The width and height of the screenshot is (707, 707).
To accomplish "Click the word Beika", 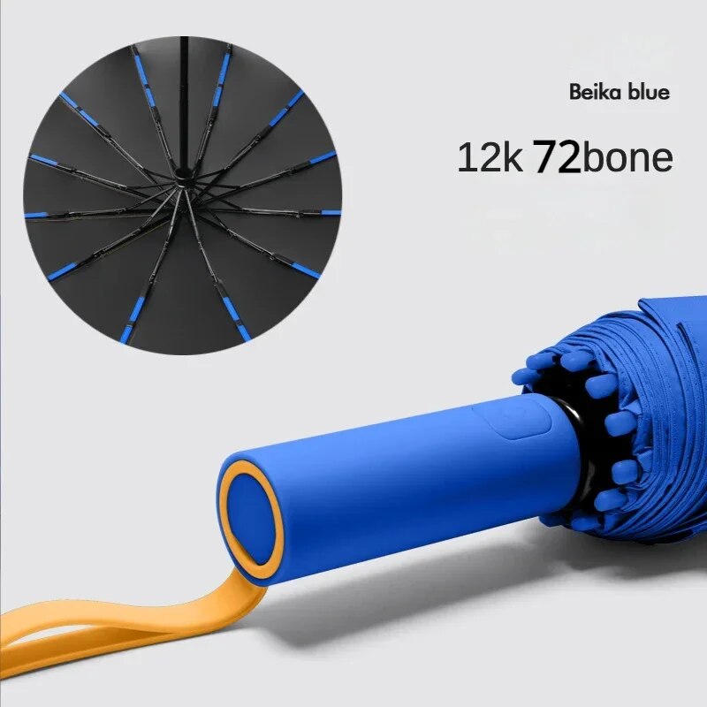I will [594, 92].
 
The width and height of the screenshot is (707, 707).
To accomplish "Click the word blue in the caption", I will [647, 92].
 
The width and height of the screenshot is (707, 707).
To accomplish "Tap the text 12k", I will [489, 158].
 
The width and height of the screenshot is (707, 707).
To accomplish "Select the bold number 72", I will [556, 158].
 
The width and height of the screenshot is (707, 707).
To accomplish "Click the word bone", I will [628, 158].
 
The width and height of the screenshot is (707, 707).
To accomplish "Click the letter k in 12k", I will [513, 158].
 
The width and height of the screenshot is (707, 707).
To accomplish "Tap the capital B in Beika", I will [575, 92].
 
